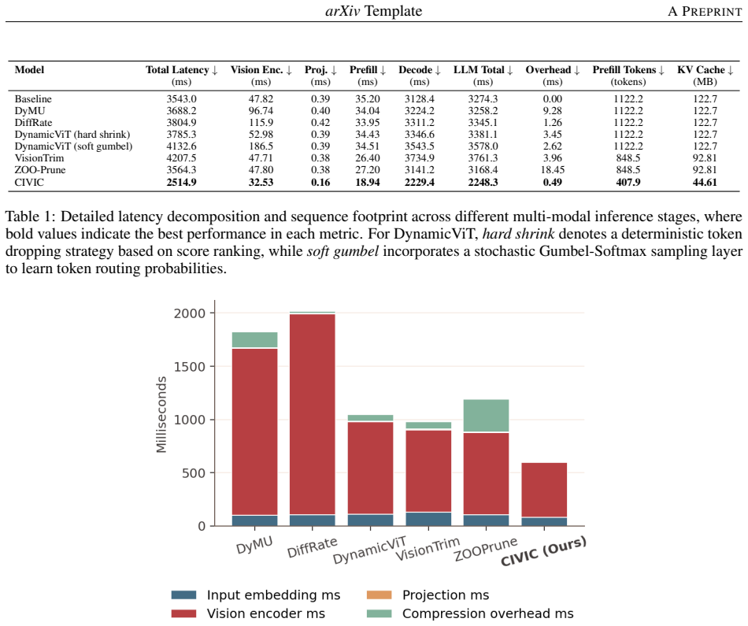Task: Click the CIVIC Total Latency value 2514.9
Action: click(x=181, y=182)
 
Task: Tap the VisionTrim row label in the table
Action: click(x=39, y=158)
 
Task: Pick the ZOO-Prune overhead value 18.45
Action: click(x=553, y=170)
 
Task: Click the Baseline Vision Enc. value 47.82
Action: click(x=261, y=98)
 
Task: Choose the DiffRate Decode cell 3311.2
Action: click(x=420, y=123)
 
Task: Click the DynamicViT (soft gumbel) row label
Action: click(x=73, y=146)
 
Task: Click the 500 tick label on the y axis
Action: click(x=194, y=473)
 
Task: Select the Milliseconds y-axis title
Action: click(x=161, y=415)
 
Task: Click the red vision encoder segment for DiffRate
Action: click(x=313, y=414)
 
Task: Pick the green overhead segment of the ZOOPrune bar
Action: click(x=486, y=416)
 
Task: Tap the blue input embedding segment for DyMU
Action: click(x=255, y=520)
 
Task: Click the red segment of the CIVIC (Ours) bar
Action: click(x=544, y=490)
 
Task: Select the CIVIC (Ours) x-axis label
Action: click(x=543, y=551)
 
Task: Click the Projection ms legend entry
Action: click(x=428, y=595)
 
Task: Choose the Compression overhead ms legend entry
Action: click(x=470, y=613)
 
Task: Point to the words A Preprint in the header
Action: click(x=705, y=12)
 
